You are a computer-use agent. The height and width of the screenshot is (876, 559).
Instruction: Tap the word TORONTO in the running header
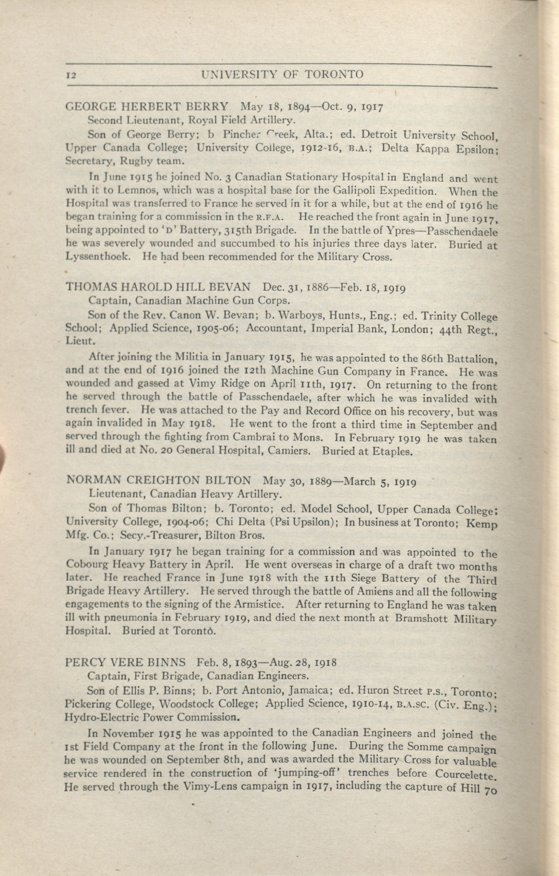click(333, 74)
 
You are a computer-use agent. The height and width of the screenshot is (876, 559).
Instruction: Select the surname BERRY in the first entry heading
click(208, 107)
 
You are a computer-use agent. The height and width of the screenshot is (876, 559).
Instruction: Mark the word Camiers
click(290, 451)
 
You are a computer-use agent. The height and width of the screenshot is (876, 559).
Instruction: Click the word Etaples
click(393, 452)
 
